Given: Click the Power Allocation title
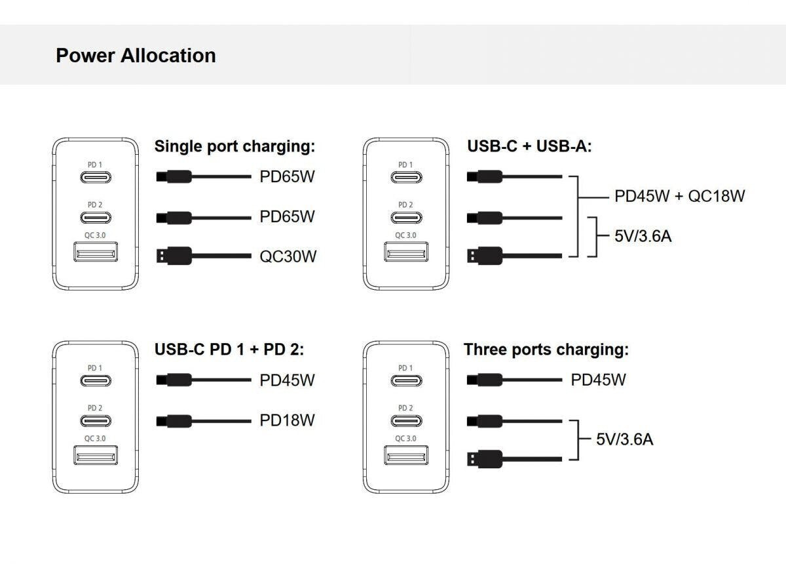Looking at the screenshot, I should pyautogui.click(x=136, y=55).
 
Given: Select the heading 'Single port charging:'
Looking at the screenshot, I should pyautogui.click(x=234, y=146).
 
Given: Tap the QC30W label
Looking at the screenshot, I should pyautogui.click(x=288, y=256).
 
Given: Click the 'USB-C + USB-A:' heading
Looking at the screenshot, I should pyautogui.click(x=529, y=146).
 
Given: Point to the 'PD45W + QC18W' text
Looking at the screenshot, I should pyautogui.click(x=679, y=195).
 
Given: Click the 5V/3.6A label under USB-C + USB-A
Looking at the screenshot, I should pyautogui.click(x=643, y=235).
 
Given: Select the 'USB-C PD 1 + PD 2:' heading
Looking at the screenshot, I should pyautogui.click(x=229, y=350).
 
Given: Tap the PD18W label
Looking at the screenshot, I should pyautogui.click(x=287, y=420).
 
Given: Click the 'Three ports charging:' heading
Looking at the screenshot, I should pyautogui.click(x=546, y=350).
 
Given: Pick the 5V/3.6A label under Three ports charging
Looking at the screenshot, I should pyautogui.click(x=624, y=439).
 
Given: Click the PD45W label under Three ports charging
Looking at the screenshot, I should pyautogui.click(x=598, y=380).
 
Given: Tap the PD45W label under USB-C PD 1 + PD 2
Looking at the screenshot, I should pyautogui.click(x=287, y=380).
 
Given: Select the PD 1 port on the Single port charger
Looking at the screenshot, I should pyautogui.click(x=96, y=177).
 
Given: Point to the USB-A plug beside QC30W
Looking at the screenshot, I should pyautogui.click(x=174, y=255).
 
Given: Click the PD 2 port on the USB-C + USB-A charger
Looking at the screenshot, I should pyautogui.click(x=406, y=217).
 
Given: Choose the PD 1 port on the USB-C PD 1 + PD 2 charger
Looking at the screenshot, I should pyautogui.click(x=96, y=380).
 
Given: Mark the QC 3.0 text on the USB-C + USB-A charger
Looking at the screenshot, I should pyautogui.click(x=406, y=235).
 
